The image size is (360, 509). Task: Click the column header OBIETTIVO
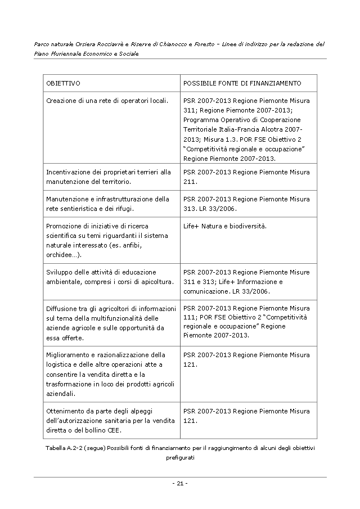pyautogui.click(x=63, y=83)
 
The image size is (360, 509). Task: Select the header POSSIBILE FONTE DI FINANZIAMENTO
pyautogui.click(x=242, y=83)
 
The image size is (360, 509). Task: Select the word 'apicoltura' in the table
pyautogui.click(x=157, y=281)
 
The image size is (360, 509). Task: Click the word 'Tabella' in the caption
pyautogui.click(x=56, y=448)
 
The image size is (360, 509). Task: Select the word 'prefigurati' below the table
pyautogui.click(x=180, y=458)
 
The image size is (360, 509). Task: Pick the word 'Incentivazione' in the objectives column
pyautogui.click(x=67, y=172)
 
